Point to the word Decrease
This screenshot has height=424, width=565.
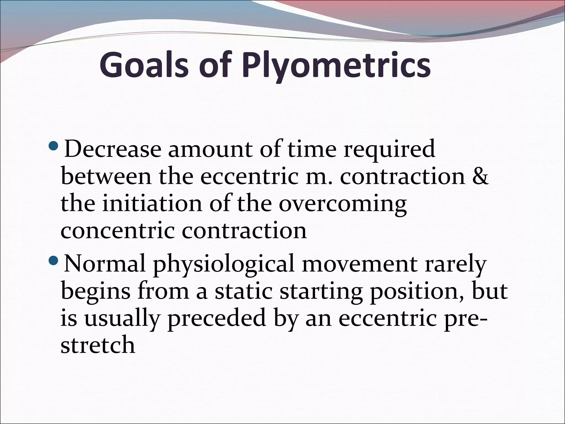coord(113,149)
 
